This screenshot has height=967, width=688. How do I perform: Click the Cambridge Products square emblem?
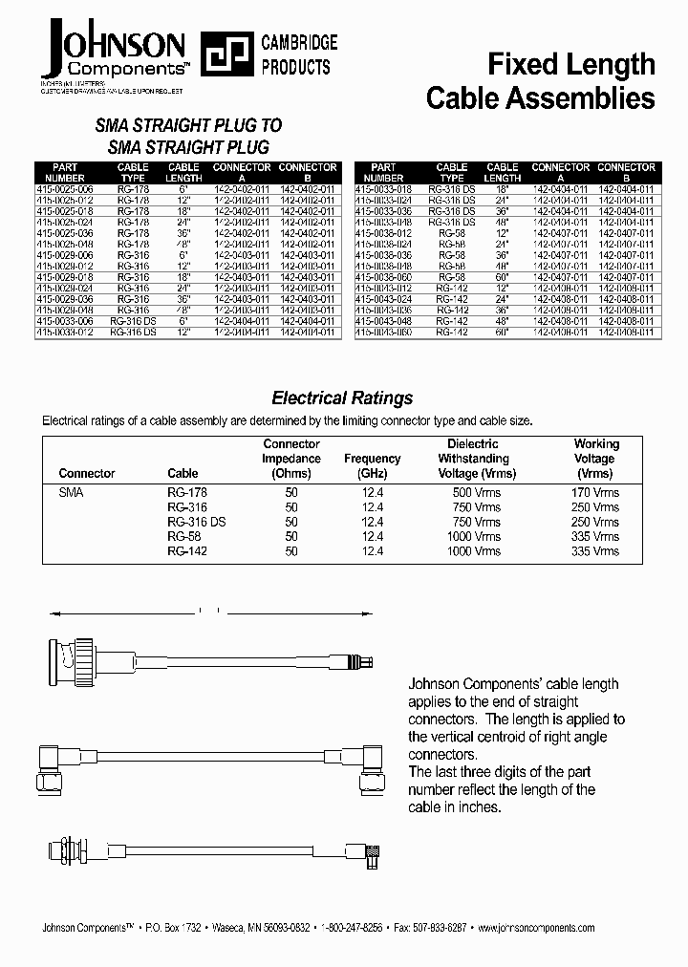click(x=222, y=54)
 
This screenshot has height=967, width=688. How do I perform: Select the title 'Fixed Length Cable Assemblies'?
click(x=540, y=81)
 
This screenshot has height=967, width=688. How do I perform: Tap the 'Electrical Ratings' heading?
click(x=342, y=398)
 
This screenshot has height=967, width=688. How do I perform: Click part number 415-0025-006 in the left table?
click(x=65, y=189)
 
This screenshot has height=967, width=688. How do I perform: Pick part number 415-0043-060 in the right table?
click(x=383, y=333)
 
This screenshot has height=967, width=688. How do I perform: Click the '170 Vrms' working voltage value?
click(x=593, y=492)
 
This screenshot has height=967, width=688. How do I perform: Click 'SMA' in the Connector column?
click(x=72, y=492)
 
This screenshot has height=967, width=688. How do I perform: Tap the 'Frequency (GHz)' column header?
click(x=372, y=465)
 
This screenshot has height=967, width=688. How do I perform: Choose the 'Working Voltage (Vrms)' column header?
click(x=596, y=458)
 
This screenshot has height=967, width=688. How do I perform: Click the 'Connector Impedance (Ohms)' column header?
click(x=291, y=458)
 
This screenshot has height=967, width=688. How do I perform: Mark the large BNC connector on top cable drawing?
click(x=72, y=657)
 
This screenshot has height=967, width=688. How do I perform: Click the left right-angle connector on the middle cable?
click(x=53, y=764)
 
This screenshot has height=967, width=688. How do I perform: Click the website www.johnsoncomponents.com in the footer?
click(x=534, y=928)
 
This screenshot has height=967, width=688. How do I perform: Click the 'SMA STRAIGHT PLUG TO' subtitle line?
click(x=188, y=126)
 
